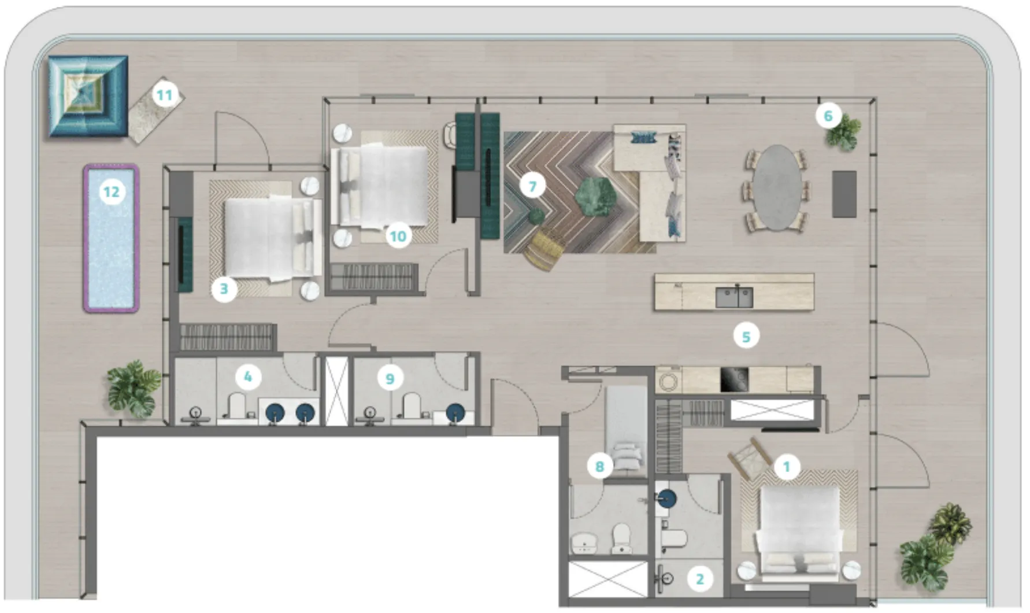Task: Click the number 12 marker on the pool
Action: (112, 191)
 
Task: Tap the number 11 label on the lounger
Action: (165, 95)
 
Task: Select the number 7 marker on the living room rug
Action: (532, 186)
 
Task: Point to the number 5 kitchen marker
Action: (746, 336)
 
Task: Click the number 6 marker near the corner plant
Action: (828, 116)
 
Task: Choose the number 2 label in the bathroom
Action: (700, 578)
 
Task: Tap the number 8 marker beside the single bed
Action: (599, 466)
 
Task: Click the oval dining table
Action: (775, 187)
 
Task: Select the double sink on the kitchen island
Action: (734, 297)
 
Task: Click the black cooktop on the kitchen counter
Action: (734, 379)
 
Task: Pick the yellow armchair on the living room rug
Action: (544, 249)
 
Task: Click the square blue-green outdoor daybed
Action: (88, 96)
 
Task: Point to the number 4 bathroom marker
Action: (248, 377)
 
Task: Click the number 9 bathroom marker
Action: (390, 379)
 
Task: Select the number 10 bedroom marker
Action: (398, 236)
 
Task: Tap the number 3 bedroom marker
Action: (224, 289)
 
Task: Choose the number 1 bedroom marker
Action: (786, 466)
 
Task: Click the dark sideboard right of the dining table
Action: (844, 194)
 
